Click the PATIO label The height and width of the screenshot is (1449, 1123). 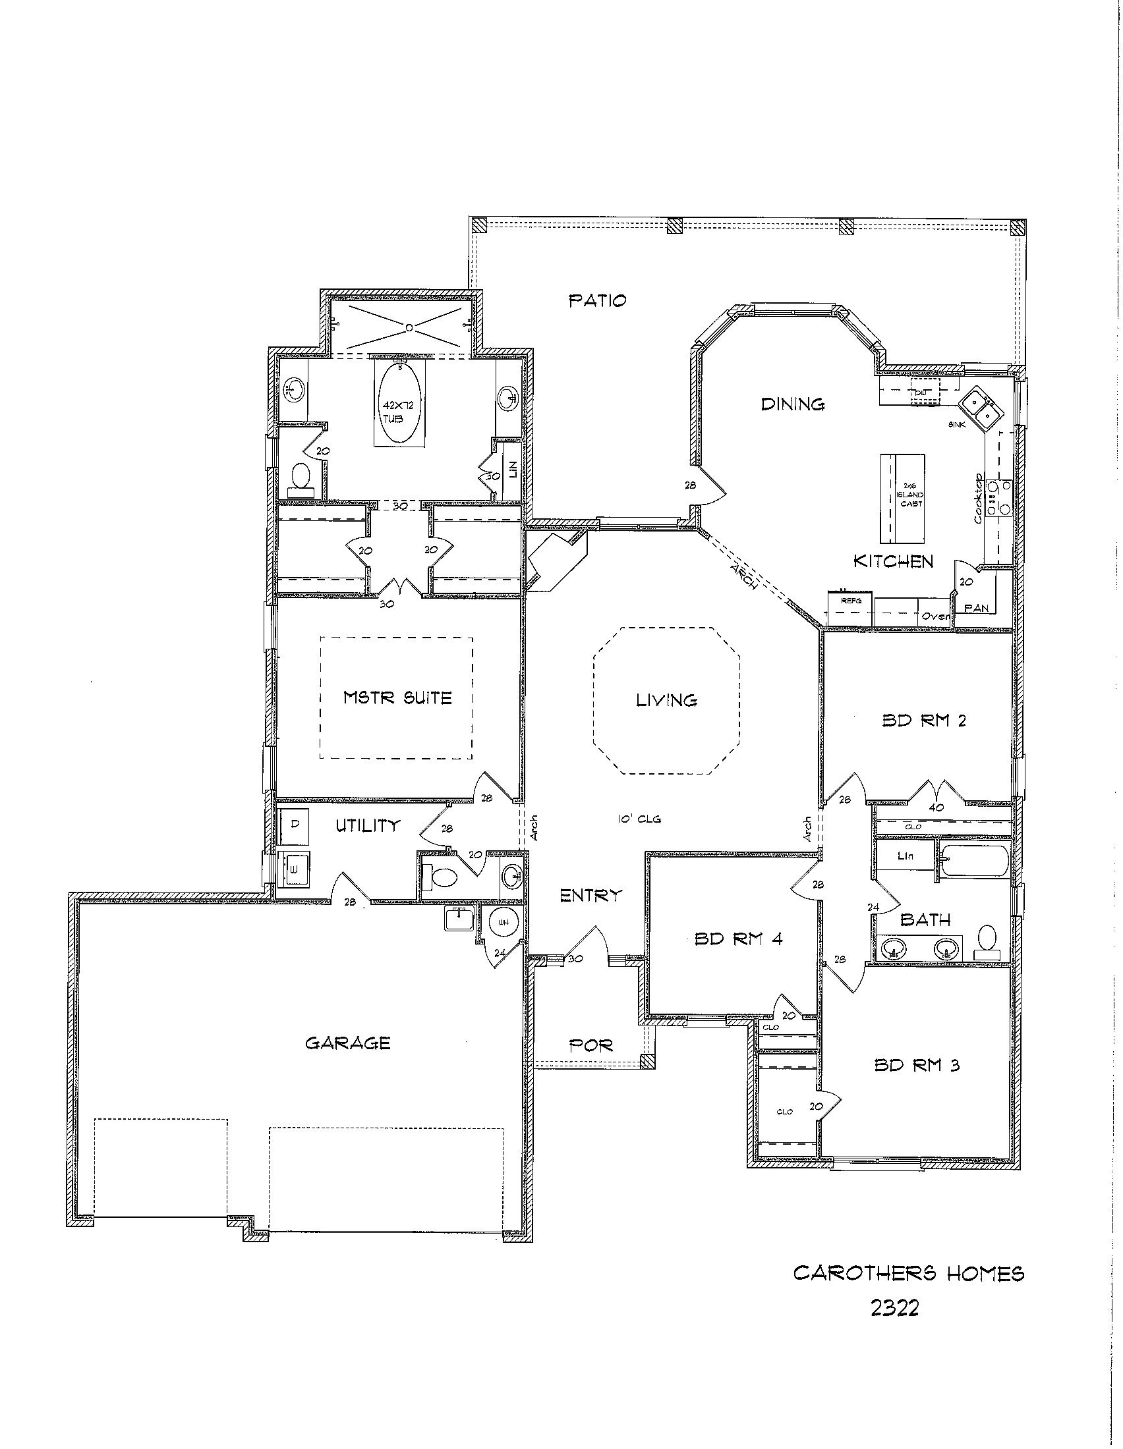click(597, 300)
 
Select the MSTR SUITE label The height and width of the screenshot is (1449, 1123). click(397, 697)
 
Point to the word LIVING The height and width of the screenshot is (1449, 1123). click(666, 700)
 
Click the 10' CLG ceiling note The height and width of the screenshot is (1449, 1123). click(639, 819)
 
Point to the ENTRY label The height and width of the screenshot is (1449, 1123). click(590, 896)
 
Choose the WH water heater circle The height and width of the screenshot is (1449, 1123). click(502, 922)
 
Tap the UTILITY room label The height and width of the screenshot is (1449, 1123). click(367, 825)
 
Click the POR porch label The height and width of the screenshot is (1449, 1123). click(591, 1046)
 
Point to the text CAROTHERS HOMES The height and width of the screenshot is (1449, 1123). click(909, 1274)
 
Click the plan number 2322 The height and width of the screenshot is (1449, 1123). click(894, 1307)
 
